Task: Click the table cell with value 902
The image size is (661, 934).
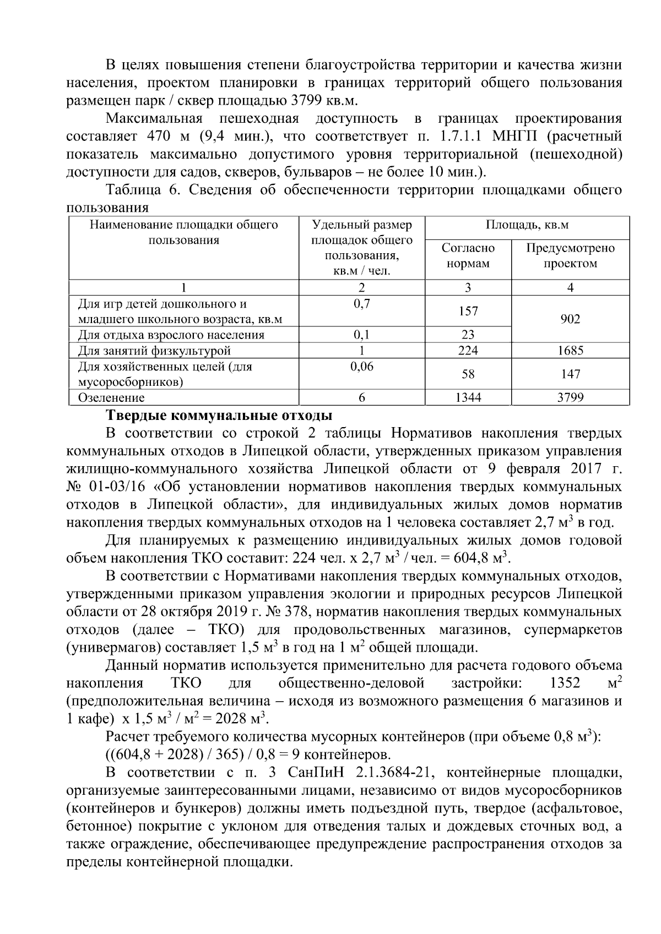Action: [x=570, y=319]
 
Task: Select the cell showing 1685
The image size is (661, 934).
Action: [x=570, y=351]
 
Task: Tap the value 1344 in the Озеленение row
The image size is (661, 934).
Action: [x=468, y=397]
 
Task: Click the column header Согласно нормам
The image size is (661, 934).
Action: [x=468, y=256]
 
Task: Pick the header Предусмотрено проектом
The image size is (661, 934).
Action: [x=570, y=256]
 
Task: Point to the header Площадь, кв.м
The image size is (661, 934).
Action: [x=527, y=225]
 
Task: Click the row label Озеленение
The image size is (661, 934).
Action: [x=111, y=397]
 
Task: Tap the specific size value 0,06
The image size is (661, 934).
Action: [x=361, y=367]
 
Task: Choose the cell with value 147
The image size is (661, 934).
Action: [x=570, y=374]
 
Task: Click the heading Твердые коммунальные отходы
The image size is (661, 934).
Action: [x=219, y=416]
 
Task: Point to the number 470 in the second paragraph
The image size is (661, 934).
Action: [x=160, y=136]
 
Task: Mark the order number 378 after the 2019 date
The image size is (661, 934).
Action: [x=300, y=611]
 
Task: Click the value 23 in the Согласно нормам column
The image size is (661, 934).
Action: [x=468, y=335]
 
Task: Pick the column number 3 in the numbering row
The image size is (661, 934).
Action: [x=468, y=287]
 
